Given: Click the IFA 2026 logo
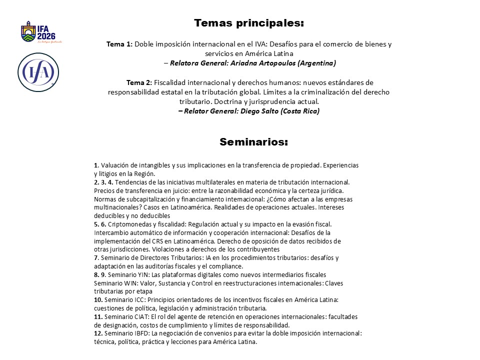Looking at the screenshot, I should pos(38,32).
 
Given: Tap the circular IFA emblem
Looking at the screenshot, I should pos(38,72).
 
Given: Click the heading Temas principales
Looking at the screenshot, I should pos(249,23).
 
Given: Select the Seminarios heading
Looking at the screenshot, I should pos(253,142).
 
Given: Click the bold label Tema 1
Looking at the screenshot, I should pos(119,44).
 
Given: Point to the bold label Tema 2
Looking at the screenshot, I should pos(138,82).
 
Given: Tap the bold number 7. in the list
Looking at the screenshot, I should pos(96,257).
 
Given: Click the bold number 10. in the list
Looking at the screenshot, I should pos(98,299).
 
